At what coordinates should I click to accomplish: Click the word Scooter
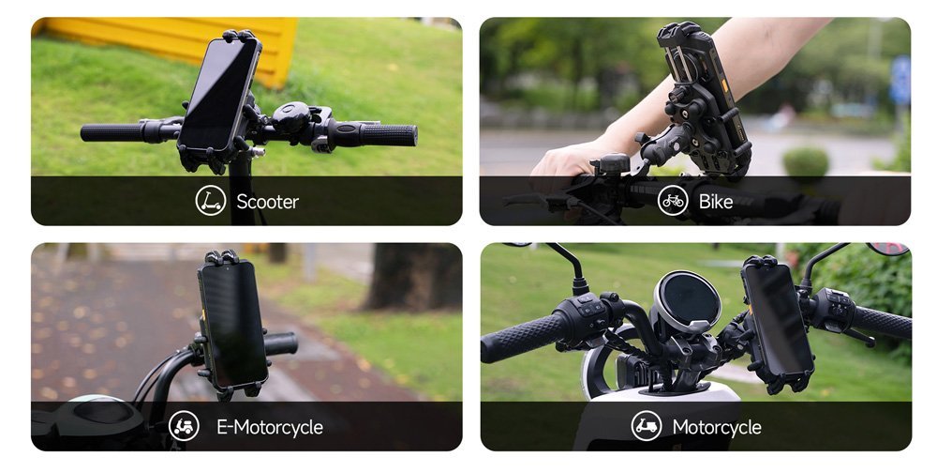(x=267, y=202)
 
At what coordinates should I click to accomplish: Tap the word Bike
(x=715, y=202)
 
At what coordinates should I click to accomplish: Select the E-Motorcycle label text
(x=270, y=427)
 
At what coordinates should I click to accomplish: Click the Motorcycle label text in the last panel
(x=717, y=427)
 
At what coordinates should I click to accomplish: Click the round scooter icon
(x=210, y=201)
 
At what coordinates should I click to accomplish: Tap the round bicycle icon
(x=673, y=201)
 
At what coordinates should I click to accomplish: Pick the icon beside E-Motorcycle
(x=184, y=426)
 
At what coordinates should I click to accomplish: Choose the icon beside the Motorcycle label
(x=647, y=426)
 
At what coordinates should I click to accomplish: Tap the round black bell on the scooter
(x=291, y=116)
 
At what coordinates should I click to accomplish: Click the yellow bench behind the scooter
(x=179, y=45)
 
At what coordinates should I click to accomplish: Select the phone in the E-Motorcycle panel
(x=232, y=323)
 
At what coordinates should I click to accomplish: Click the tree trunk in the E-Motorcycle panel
(x=413, y=277)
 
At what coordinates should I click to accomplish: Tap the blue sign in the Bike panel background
(x=900, y=81)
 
